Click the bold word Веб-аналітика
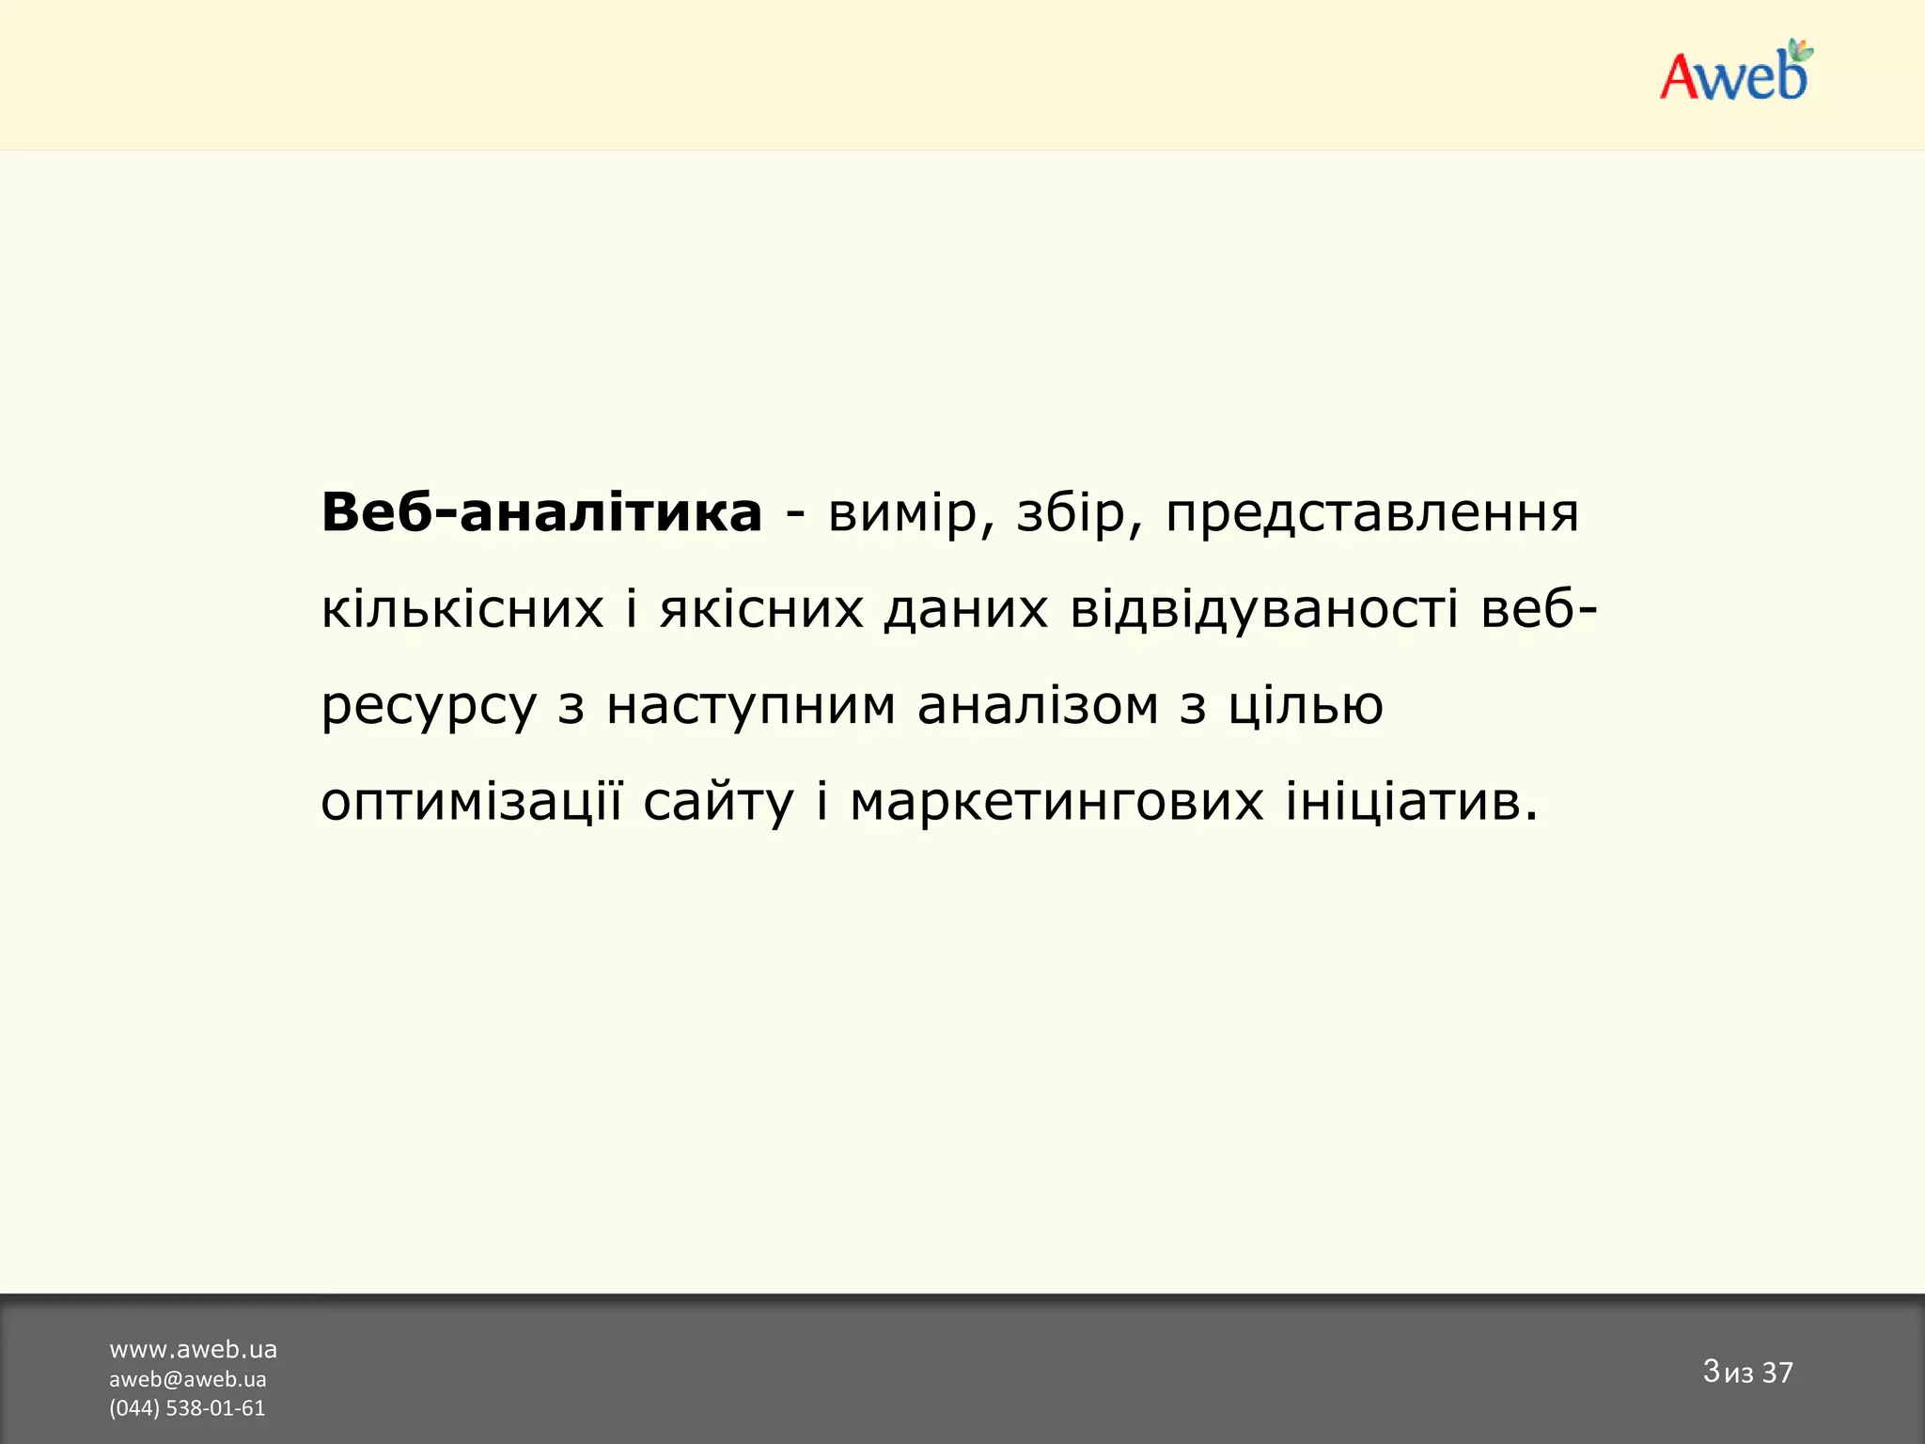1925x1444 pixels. coord(541,513)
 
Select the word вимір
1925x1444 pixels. coord(901,513)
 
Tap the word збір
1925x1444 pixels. coord(1070,513)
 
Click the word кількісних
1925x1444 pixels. coord(462,609)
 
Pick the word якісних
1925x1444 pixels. coord(760,609)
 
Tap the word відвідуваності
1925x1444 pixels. coord(1264,609)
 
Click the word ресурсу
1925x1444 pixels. coord(429,707)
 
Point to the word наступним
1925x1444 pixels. coord(751,707)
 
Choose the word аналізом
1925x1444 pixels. coord(1038,705)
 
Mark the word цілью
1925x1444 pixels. coord(1306,707)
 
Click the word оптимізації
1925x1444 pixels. coord(471,803)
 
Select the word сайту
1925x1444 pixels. coord(718,803)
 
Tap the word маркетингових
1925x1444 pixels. coord(1056,803)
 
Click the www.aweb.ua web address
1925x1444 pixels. coord(193,1349)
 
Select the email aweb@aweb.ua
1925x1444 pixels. coord(187,1379)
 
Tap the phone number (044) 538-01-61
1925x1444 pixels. coord(187,1408)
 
